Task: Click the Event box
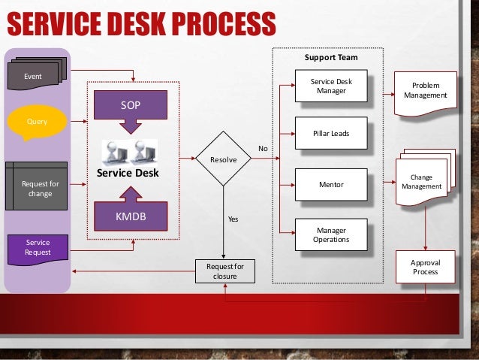[x=32, y=77]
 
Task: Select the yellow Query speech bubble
[x=35, y=121]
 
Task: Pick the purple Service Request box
[x=38, y=248]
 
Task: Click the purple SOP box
[x=131, y=107]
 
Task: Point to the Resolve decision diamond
[x=222, y=159]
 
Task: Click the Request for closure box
[x=224, y=271]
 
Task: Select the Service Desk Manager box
[x=331, y=86]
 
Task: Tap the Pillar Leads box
[x=331, y=134]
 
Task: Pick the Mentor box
[x=331, y=184]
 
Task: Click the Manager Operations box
[x=331, y=234]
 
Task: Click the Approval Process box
[x=425, y=267]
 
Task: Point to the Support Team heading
[x=330, y=57]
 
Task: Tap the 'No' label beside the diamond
[x=263, y=149]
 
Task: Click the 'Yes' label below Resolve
[x=233, y=219]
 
